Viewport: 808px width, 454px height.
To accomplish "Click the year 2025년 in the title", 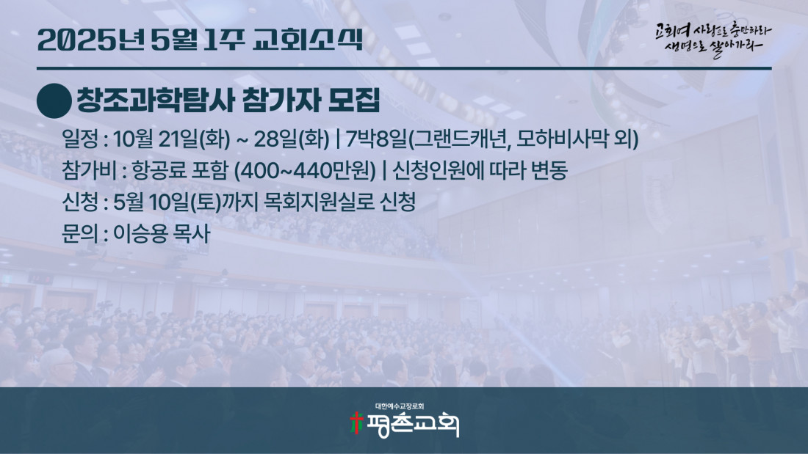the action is point(91,40).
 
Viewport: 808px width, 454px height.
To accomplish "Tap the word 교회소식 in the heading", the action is point(309,40).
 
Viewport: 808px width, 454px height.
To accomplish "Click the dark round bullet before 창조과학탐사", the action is point(54,101).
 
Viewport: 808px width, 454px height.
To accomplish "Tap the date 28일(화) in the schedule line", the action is point(291,139).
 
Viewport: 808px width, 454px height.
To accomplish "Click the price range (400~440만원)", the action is point(305,171).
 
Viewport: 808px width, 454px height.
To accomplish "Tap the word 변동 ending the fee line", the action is point(549,171).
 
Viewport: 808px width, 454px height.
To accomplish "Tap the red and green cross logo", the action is point(356,423).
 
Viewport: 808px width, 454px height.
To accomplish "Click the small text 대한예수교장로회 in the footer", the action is point(400,406).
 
